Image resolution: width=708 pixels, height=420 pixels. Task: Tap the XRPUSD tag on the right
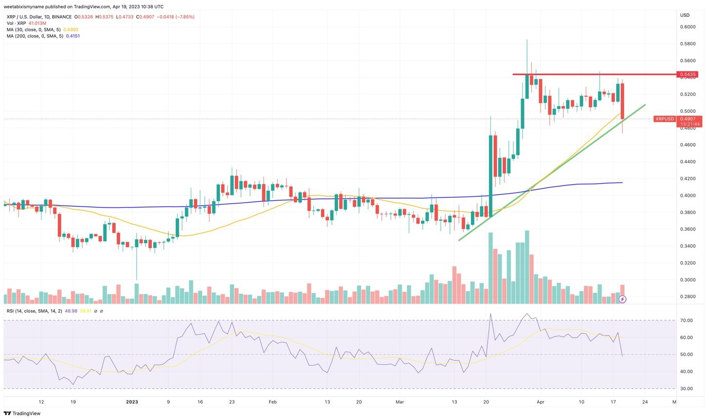click(x=665, y=119)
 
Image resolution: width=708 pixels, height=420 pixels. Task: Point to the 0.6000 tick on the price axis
click(x=688, y=27)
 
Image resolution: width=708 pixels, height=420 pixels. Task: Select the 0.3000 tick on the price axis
click(x=688, y=280)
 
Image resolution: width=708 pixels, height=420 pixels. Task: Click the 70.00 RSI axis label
click(x=687, y=320)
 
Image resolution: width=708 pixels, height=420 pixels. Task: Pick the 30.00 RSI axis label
click(x=687, y=389)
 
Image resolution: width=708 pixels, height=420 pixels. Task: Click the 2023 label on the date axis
click(x=132, y=402)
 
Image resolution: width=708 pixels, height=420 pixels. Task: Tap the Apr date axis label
click(x=540, y=402)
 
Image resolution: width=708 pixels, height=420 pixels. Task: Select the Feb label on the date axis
click(x=273, y=402)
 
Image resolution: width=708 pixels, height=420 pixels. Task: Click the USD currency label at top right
click(x=685, y=15)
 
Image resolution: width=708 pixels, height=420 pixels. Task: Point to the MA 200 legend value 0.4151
click(x=73, y=36)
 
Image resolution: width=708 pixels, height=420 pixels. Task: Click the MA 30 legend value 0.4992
click(x=71, y=30)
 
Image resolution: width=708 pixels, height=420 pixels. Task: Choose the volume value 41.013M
click(x=37, y=23)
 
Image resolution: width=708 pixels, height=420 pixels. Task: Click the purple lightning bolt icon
click(x=622, y=299)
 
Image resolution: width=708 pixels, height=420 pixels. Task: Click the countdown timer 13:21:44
click(x=689, y=124)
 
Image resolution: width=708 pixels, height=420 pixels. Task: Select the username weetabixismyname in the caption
click(x=26, y=7)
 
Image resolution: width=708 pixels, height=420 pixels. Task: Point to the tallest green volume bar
click(x=526, y=267)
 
